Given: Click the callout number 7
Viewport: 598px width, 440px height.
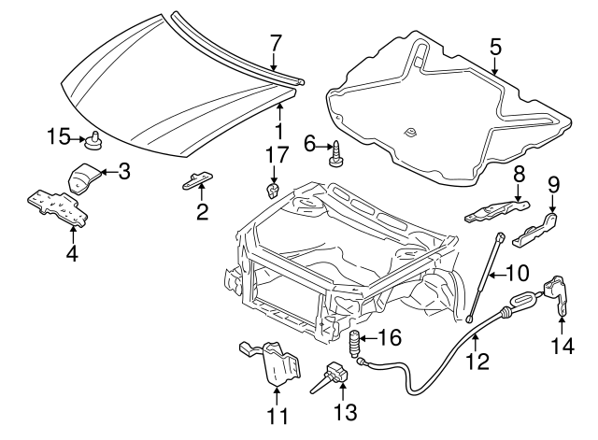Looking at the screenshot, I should click(x=275, y=41).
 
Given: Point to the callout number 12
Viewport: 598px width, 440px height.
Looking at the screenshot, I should click(x=478, y=360).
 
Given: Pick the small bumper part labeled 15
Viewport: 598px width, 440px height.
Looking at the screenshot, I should click(x=94, y=141).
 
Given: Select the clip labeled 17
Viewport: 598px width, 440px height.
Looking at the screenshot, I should click(x=272, y=191).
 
